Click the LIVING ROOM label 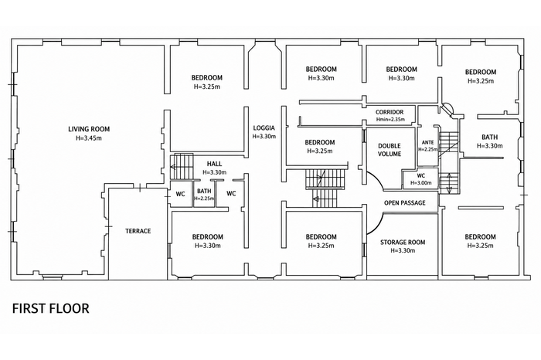coord(89,129)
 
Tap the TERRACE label coord(138,231)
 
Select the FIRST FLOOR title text coord(51,308)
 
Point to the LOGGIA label coord(264,128)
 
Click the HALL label coord(214,164)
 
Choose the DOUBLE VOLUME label coord(390,150)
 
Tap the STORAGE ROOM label coord(403,243)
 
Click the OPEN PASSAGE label coord(405,202)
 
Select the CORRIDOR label coord(390,113)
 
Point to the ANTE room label coord(428,142)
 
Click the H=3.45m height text coord(89,138)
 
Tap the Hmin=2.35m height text coord(390,120)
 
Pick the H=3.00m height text coord(421,183)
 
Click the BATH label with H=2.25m coord(204,191)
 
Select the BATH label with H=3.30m coord(489,138)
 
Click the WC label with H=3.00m coord(421,176)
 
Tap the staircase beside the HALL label coord(182,167)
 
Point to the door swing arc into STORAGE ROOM coord(379,226)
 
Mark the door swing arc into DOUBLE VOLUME coord(377,178)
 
